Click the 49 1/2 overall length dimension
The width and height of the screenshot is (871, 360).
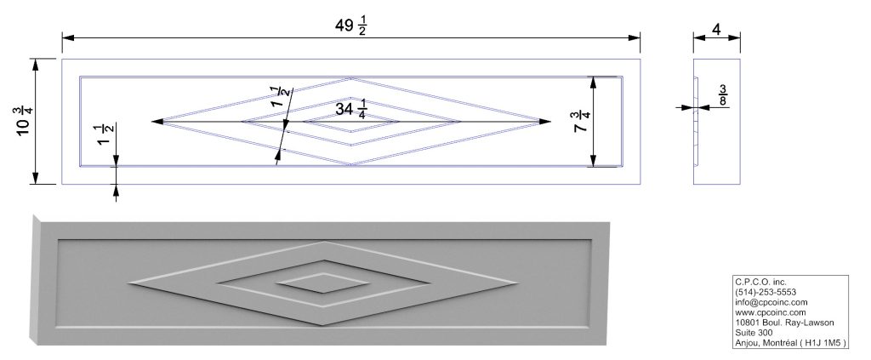[x=351, y=26]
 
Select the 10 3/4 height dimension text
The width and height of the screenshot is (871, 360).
[x=26, y=121]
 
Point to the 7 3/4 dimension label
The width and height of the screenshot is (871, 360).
[x=580, y=122]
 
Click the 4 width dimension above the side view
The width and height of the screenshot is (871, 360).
[x=716, y=30]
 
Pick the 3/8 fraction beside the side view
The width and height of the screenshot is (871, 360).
[x=723, y=95]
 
